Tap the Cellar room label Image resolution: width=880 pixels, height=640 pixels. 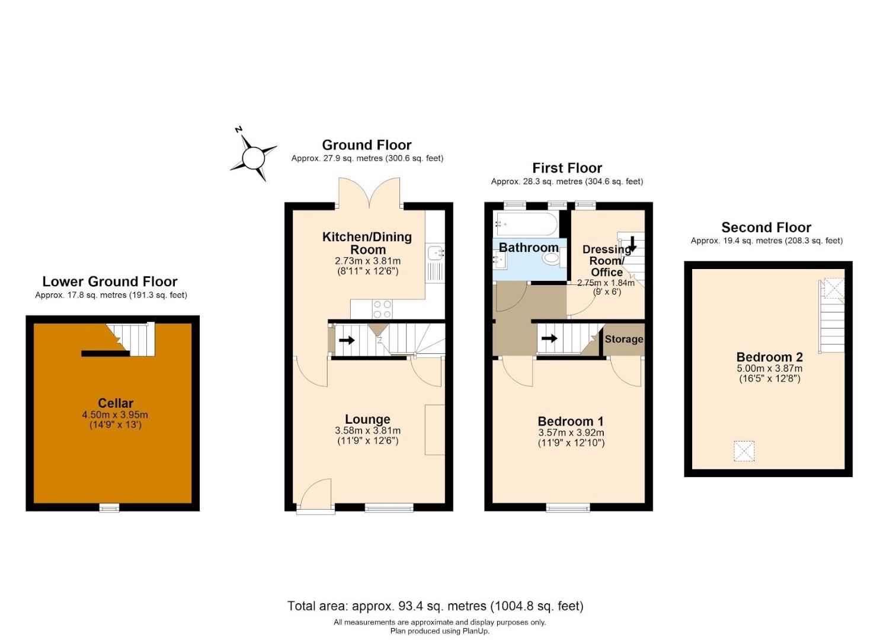pyautogui.click(x=116, y=404)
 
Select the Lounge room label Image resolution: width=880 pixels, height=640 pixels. pyautogui.click(x=367, y=420)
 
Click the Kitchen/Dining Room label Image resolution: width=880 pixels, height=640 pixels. pyautogui.click(x=367, y=243)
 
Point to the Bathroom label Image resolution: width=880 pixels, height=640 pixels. pyautogui.click(x=528, y=247)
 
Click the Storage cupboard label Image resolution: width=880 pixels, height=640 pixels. pyautogui.click(x=623, y=339)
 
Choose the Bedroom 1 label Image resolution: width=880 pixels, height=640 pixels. pyautogui.click(x=571, y=421)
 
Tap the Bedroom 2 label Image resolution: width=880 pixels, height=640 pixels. pyautogui.click(x=769, y=357)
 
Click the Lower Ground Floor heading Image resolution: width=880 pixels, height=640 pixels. pyautogui.click(x=110, y=281)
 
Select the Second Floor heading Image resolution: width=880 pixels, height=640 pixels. pyautogui.click(x=766, y=228)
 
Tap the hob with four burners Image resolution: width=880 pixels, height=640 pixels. pyautogui.click(x=382, y=309)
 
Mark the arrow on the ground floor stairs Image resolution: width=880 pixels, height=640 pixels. pyautogui.click(x=347, y=340)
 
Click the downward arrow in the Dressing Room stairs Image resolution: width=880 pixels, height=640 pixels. pyautogui.click(x=632, y=243)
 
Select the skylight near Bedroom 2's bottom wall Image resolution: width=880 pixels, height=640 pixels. pyautogui.click(x=744, y=451)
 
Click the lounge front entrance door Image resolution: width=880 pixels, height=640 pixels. pyautogui.click(x=315, y=495)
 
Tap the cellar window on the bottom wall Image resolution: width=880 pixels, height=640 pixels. pyautogui.click(x=108, y=507)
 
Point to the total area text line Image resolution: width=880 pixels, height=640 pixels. pyautogui.click(x=435, y=606)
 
